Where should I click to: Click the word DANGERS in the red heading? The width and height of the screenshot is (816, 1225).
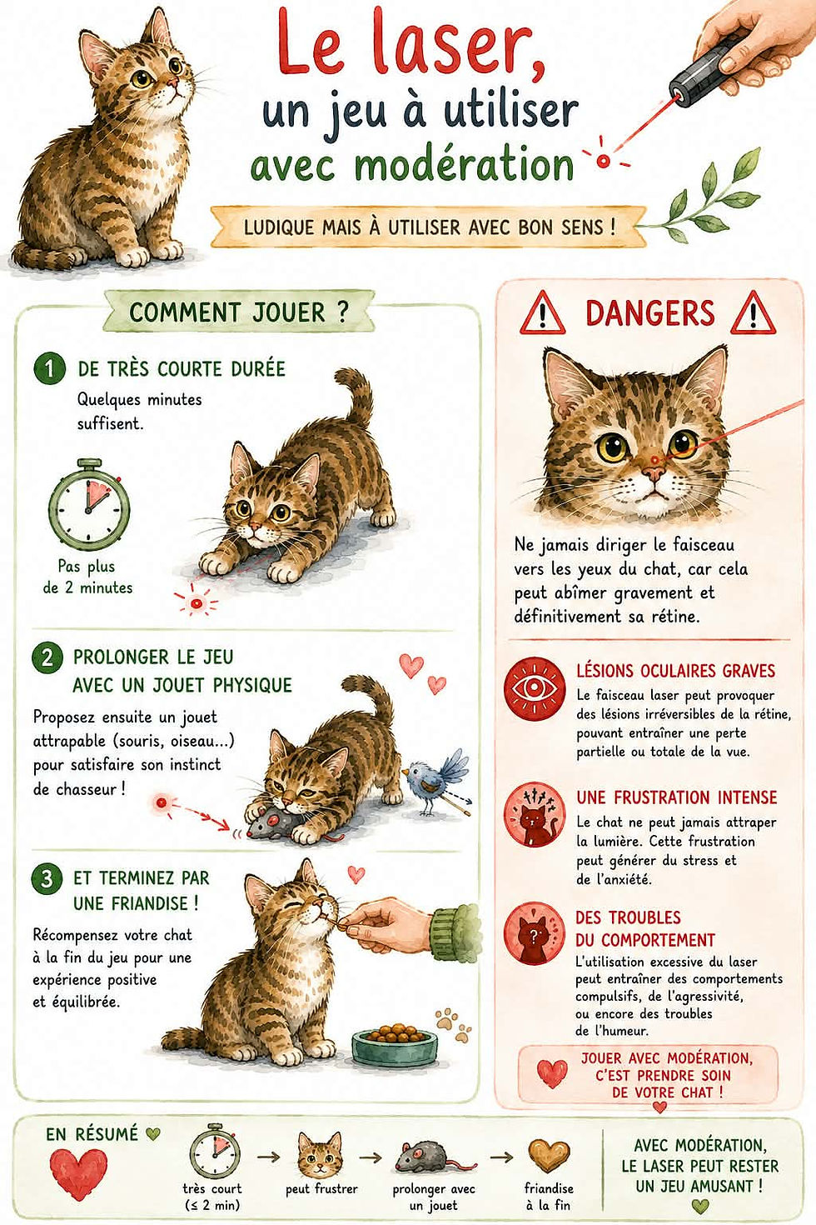(649, 312)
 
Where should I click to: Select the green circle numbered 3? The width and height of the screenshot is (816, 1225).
(47, 879)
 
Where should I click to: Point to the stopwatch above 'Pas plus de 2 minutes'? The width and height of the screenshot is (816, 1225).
(88, 505)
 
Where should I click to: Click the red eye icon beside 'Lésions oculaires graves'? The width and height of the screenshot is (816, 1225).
(534, 688)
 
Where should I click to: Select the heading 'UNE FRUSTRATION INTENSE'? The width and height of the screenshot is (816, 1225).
(677, 797)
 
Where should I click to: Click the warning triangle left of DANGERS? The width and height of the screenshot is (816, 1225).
(542, 313)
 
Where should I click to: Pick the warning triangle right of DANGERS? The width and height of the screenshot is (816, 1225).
(753, 313)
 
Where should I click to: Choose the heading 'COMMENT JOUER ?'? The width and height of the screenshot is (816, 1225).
(239, 312)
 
